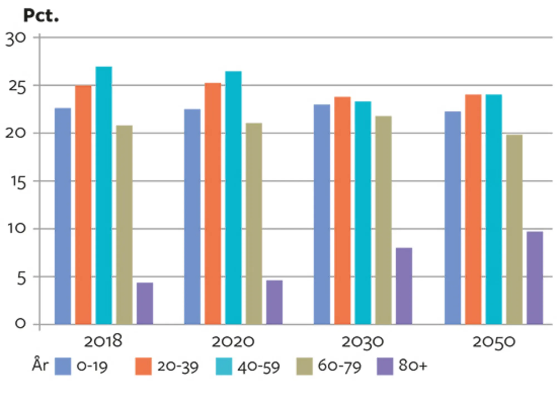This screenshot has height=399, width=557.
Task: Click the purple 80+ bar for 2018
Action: pos(145,303)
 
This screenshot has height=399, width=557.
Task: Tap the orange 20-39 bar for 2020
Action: pos(213,204)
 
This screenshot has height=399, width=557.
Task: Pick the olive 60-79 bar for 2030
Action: pos(383,220)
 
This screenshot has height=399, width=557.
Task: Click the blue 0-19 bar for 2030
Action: pos(322,214)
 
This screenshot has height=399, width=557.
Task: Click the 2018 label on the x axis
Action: pos(103,341)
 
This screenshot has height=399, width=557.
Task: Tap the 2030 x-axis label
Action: pos(363,342)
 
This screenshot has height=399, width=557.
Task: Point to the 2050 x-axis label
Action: pos(494,342)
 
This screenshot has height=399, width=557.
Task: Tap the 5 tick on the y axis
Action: pos(21,278)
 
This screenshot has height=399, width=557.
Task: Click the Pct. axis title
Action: pos(41,16)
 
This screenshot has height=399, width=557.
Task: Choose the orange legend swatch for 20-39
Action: pos(143,366)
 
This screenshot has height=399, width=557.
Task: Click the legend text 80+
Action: pos(412,365)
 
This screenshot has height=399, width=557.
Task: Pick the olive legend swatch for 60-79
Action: pos(304,366)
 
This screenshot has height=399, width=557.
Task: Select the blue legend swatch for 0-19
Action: pos(63,366)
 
